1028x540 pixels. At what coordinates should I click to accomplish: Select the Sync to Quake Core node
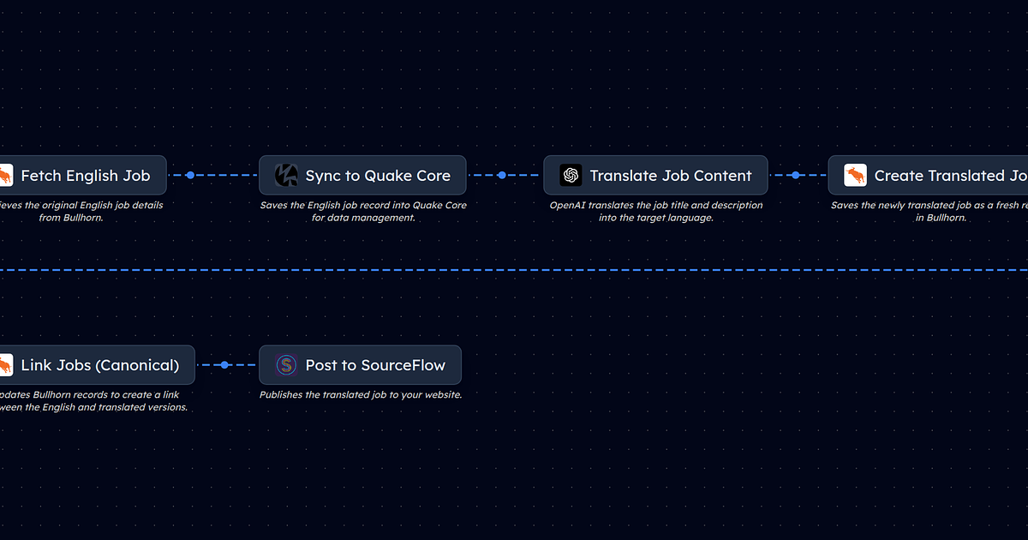point(362,176)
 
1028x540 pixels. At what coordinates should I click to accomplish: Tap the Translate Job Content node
point(655,176)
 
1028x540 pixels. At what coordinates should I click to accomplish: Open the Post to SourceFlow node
point(360,365)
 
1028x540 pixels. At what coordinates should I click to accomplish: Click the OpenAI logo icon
point(571,176)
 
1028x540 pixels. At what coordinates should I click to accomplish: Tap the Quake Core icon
point(286,176)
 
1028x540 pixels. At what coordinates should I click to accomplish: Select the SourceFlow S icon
point(286,365)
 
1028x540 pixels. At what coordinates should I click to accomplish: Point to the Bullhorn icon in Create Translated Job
point(855,176)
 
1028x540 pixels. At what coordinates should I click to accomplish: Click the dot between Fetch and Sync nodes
point(190,175)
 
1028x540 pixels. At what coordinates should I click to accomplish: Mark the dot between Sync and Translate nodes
point(501,175)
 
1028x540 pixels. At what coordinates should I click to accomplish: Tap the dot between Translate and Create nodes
point(796,175)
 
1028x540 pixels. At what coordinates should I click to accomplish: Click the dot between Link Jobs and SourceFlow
point(224,365)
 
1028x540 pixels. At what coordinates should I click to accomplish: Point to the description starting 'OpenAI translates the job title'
point(655,212)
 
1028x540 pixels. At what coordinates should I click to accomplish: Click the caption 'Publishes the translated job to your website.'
point(361,395)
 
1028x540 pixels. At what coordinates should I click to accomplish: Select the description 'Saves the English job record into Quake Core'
point(362,212)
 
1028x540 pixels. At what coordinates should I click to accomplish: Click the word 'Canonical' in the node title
point(137,365)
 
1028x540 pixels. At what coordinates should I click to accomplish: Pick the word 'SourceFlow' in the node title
point(403,365)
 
